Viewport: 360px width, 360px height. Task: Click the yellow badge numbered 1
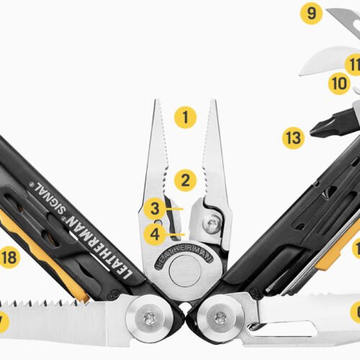click(185, 117)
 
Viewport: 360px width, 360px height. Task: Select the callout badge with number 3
click(153, 210)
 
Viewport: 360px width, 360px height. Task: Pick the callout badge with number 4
click(153, 233)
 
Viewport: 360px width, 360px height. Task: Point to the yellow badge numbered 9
click(310, 14)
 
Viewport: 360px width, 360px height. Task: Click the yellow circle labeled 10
click(338, 84)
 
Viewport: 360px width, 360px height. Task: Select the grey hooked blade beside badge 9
click(341, 17)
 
